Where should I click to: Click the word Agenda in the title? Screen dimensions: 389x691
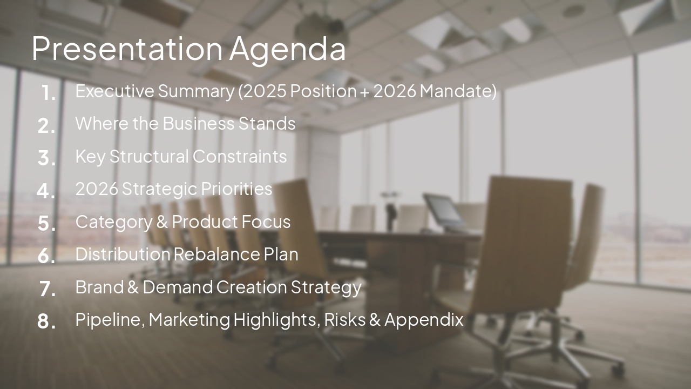287,49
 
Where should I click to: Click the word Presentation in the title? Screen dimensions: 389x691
127,49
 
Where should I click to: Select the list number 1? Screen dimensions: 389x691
49,93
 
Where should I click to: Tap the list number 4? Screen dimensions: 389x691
47,191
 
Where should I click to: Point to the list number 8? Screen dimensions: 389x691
47,321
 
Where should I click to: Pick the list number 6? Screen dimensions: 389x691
47,256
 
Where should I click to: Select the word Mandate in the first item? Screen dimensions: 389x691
458,91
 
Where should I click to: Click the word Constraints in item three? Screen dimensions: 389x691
240,156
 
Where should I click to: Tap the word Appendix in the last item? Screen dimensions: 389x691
424,319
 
